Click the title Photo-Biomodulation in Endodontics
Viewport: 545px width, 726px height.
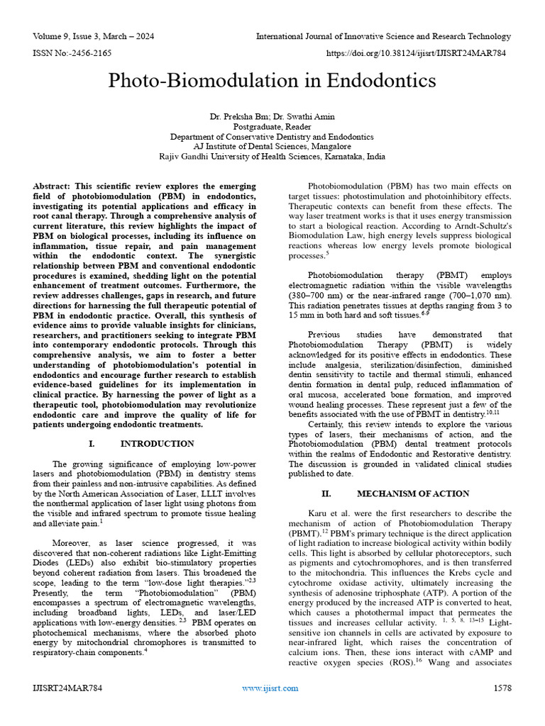coord(272,81)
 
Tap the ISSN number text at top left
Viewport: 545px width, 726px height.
coord(72,52)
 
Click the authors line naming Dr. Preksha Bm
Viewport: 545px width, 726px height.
coord(272,116)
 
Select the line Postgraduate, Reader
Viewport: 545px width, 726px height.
coord(272,126)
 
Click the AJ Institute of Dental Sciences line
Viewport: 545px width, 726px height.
coord(272,147)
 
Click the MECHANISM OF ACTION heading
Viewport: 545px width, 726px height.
coord(412,493)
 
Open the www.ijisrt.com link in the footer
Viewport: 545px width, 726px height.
coord(270,688)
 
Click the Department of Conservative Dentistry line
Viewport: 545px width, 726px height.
coord(272,136)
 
